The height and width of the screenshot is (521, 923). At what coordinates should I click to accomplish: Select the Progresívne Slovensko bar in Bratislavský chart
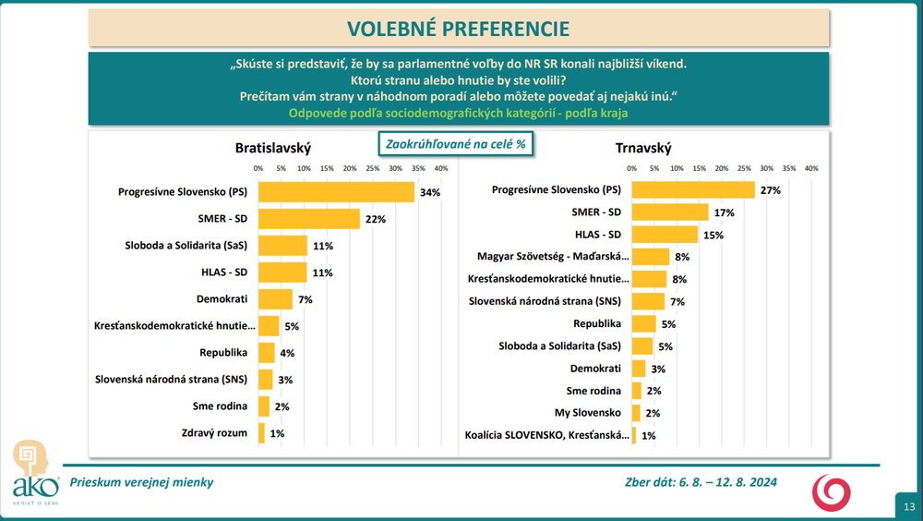[x=336, y=192]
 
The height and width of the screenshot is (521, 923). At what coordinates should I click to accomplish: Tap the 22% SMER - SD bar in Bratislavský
[x=308, y=219]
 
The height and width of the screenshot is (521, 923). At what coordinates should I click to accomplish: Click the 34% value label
[x=429, y=192]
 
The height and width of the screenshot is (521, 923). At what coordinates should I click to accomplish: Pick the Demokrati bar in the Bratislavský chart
[x=275, y=299]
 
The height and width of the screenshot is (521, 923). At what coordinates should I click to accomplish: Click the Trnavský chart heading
[x=643, y=148]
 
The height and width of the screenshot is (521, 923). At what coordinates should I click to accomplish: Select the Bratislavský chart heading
[x=273, y=148]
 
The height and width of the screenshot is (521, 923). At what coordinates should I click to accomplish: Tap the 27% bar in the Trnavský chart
[x=693, y=190]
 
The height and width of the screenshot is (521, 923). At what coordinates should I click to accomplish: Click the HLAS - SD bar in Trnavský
[x=665, y=235]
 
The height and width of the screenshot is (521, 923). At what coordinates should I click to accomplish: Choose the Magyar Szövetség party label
[x=553, y=257]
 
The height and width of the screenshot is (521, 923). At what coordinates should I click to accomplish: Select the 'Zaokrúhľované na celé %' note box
[x=456, y=143]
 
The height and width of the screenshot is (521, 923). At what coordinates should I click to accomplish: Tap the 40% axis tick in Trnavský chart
[x=811, y=169]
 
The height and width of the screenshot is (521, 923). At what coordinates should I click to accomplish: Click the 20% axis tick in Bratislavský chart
[x=350, y=168]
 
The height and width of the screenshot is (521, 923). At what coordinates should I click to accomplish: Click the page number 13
[x=909, y=505]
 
